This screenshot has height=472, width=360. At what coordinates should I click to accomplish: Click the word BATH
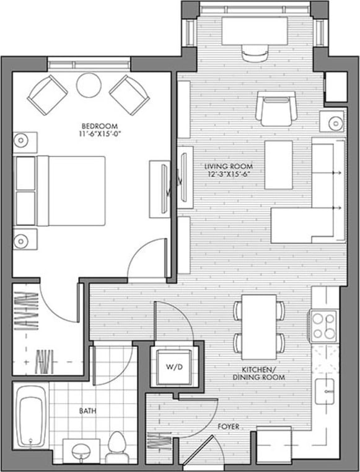point(87,411)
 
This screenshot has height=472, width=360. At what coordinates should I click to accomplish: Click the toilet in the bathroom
point(116,445)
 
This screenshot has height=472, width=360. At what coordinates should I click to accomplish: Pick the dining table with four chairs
point(259,326)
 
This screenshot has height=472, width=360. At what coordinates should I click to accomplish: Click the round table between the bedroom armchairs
point(89,86)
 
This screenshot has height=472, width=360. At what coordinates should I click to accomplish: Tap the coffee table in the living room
point(279,164)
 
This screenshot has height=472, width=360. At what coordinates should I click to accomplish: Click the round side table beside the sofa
point(331,121)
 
